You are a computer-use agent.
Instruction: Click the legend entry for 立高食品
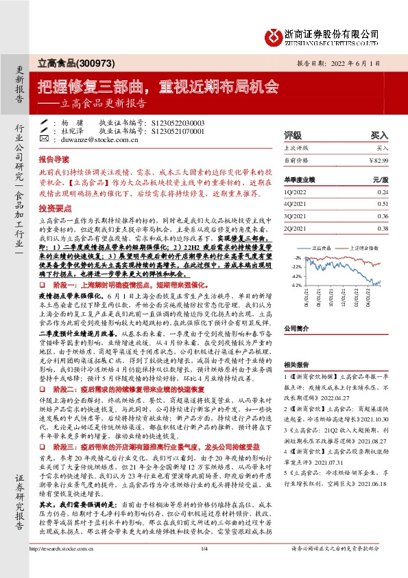tap(322, 246)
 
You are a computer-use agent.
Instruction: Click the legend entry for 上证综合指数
tap(364, 246)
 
